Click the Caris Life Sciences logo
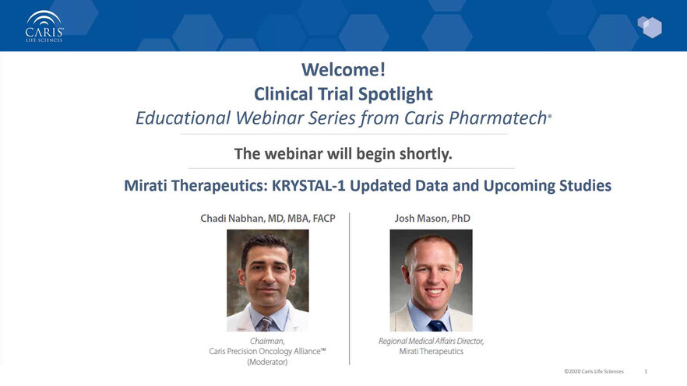(x=44, y=26)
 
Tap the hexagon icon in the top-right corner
(x=650, y=27)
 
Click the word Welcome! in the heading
(x=343, y=69)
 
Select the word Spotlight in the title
(x=395, y=94)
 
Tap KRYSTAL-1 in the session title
(x=308, y=185)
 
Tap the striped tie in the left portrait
(x=266, y=325)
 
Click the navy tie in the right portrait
(x=436, y=325)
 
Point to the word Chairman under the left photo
(x=266, y=341)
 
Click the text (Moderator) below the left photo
(x=267, y=362)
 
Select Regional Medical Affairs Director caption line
(x=432, y=341)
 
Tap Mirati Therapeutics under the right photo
(x=432, y=352)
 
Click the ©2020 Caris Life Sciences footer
(x=594, y=371)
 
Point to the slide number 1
(x=646, y=371)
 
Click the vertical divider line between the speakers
(x=349, y=289)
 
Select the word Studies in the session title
(x=585, y=185)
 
